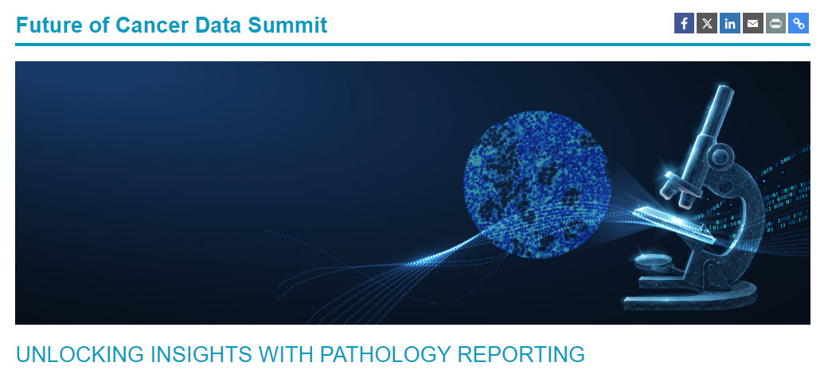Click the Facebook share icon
pos(684,23)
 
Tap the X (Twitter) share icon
pos(707,23)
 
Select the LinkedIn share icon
pos(730,23)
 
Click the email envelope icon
pos(752,23)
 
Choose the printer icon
pos(775,23)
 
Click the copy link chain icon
pos(799,23)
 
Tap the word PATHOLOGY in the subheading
pos(385,354)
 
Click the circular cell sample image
pos(537,185)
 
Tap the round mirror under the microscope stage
pos(651,261)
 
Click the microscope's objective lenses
pos(678,190)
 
